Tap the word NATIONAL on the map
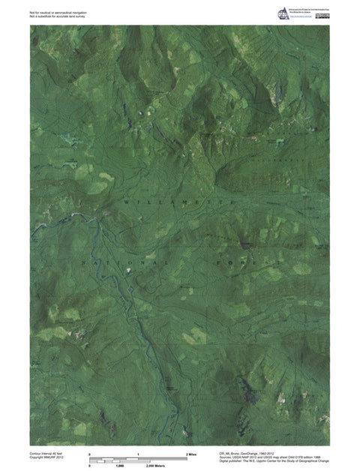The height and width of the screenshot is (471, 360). (x=119, y=264)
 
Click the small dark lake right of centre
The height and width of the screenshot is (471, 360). (x=244, y=244)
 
